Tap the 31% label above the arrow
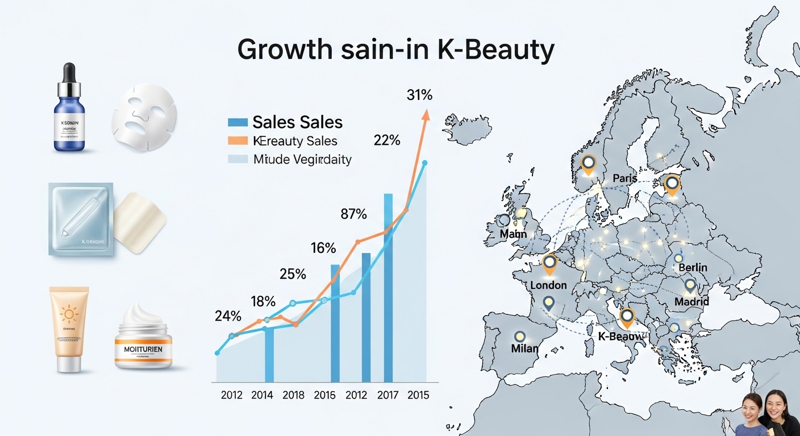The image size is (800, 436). click(419, 95)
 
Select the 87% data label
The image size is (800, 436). click(353, 214)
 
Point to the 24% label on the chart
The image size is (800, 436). click(228, 316)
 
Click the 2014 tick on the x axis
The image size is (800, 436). click(262, 395)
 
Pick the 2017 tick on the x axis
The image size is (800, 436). click(388, 395)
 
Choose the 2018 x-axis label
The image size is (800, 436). click(294, 395)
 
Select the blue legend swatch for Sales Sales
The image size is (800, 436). click(238, 122)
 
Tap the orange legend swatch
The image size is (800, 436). click(238, 141)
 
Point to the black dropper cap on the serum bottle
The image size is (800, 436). click(68, 72)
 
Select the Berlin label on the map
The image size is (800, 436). click(693, 267)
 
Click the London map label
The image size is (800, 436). click(548, 285)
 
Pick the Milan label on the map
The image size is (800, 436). click(524, 348)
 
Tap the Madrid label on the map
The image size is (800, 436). click(691, 301)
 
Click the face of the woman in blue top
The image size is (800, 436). click(752, 407)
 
